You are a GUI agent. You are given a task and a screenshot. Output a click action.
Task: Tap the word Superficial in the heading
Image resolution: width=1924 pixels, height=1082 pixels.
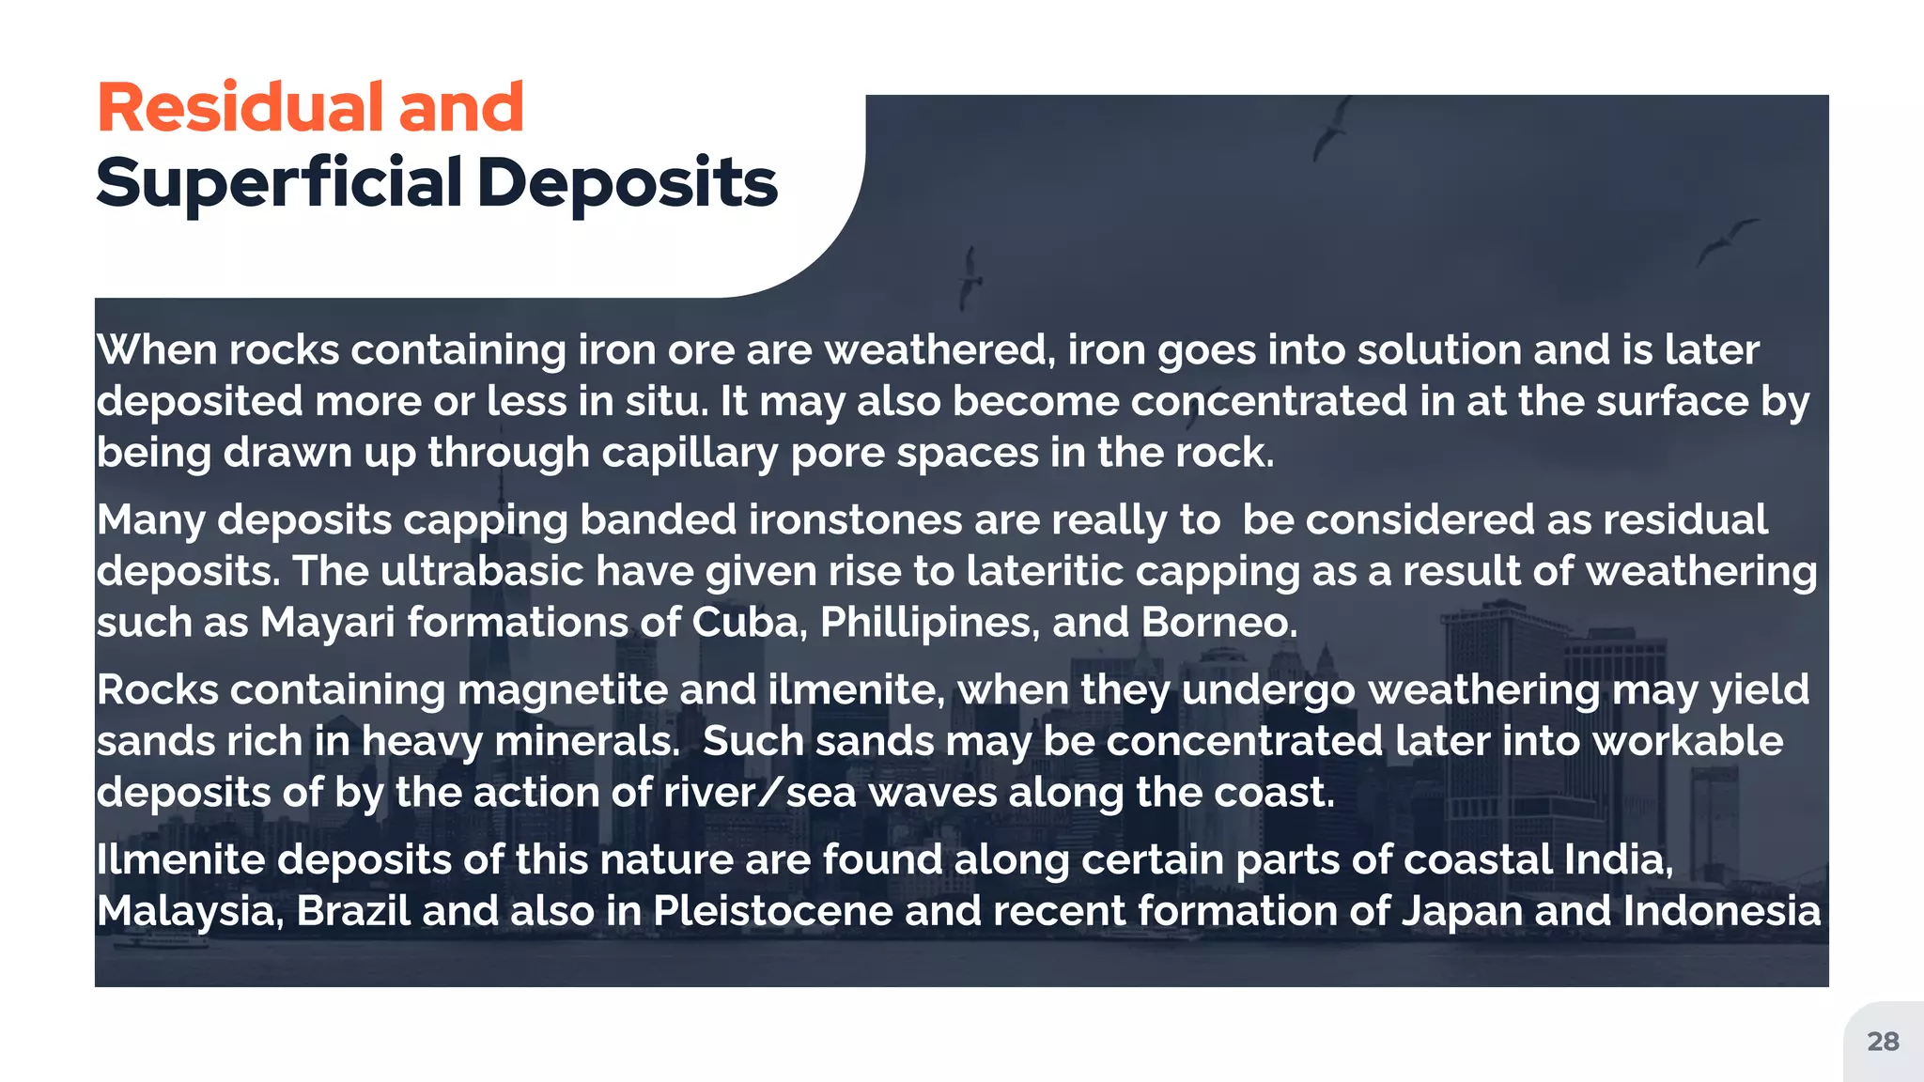[x=279, y=183]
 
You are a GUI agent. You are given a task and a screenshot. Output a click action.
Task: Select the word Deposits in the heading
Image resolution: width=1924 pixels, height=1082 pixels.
[x=627, y=183]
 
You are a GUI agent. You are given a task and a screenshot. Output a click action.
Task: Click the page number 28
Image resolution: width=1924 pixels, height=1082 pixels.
[x=1883, y=1042]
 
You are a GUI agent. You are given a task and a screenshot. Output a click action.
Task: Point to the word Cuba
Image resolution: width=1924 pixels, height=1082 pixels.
[x=749, y=623]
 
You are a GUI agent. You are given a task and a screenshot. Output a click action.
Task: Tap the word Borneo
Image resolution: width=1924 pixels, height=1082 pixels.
[x=1218, y=623]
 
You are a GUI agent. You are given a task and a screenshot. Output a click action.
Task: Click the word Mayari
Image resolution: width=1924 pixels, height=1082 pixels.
[x=327, y=623]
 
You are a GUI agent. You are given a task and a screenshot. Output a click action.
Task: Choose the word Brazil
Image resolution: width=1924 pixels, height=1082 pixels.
[x=353, y=911]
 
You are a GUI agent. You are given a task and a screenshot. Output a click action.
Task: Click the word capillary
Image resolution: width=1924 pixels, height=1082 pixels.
[x=690, y=454]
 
